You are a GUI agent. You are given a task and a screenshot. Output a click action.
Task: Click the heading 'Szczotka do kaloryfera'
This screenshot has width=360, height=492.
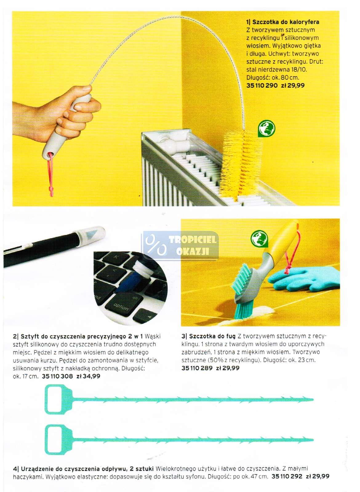pyautogui.click(x=286, y=22)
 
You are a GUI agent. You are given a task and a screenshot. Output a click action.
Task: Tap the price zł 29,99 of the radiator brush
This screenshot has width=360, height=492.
pyautogui.click(x=293, y=85)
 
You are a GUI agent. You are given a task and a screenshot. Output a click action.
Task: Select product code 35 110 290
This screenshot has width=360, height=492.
pyautogui.click(x=262, y=85)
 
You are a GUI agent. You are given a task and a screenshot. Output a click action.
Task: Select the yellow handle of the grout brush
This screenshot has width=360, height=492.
pyautogui.click(x=283, y=240)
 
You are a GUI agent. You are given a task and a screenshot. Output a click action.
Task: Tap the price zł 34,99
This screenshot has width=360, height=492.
pyautogui.click(x=88, y=376)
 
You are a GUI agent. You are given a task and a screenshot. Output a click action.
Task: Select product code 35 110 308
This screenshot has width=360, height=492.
pyautogui.click(x=57, y=376)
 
